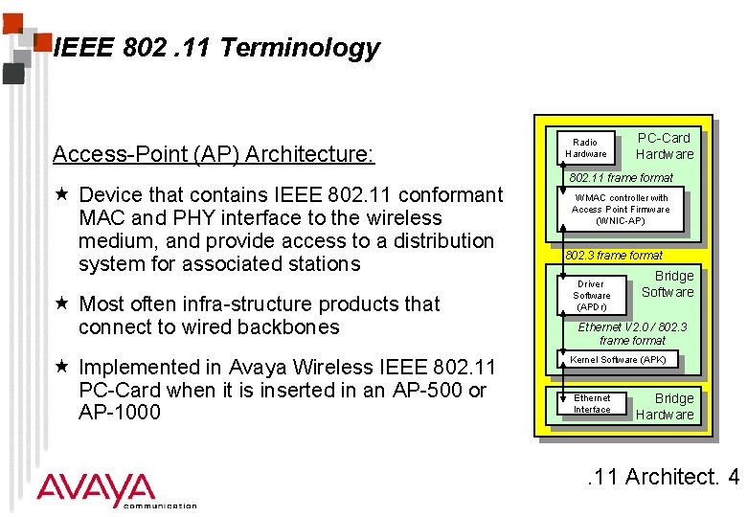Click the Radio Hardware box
pos(585,147)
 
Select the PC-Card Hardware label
pos(665,146)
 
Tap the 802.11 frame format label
pos(621,177)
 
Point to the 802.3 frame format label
pos(614,256)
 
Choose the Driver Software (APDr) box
pos(591,295)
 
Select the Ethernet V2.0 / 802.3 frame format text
pos(632,333)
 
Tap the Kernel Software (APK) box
pos(618,360)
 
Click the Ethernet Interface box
pos(592,403)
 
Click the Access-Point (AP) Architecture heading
pos(214,154)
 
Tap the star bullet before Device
pos(61,195)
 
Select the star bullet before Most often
pos(61,304)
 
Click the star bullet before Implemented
pos(61,368)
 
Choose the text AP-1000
pos(120,413)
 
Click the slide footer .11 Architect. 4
pos(662,476)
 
